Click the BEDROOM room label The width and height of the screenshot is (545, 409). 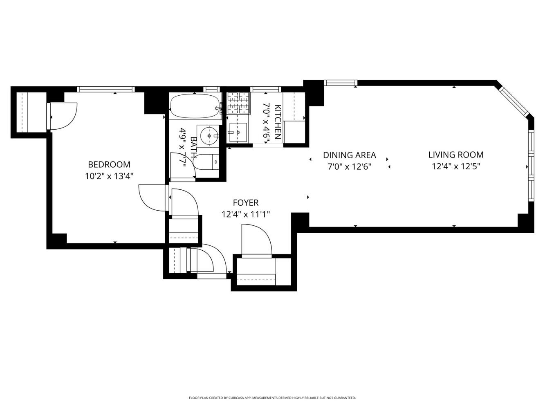(109, 164)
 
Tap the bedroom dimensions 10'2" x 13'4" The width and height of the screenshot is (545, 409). (109, 176)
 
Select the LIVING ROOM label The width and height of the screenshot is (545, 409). (456, 155)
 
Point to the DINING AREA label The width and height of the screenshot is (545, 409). (349, 155)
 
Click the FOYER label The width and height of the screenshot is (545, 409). (245, 202)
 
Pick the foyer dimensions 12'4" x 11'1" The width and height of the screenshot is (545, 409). (245, 214)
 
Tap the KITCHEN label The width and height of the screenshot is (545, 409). (278, 122)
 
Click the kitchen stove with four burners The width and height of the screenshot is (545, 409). (238, 103)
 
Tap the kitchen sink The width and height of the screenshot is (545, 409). (238, 132)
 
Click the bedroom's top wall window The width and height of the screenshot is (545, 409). (106, 89)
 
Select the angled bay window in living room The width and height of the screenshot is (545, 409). (514, 101)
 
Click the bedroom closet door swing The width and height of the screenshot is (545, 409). (63, 116)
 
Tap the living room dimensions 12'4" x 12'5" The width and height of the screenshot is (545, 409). (456, 166)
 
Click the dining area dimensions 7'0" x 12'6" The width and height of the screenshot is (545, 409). (349, 167)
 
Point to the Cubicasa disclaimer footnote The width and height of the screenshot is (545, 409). (272, 398)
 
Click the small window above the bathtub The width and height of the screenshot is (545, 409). (211, 89)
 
